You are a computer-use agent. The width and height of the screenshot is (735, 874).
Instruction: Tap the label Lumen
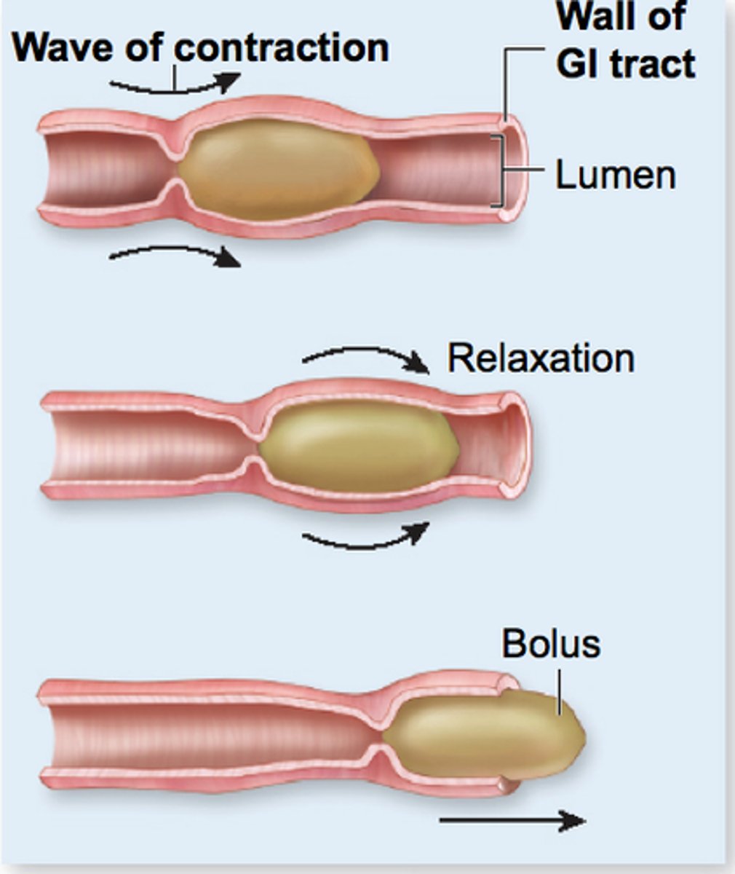[x=616, y=175]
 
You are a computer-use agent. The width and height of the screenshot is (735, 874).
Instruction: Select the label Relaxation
[x=541, y=358]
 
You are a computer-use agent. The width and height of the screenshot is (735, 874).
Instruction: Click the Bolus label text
[x=551, y=645]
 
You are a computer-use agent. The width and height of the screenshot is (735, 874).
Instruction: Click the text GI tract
[x=625, y=64]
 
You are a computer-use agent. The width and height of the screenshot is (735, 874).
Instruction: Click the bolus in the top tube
[x=277, y=171]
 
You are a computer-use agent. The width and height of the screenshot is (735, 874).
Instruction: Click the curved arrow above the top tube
[x=175, y=87]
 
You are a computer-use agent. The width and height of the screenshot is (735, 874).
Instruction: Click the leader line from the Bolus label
[x=558, y=688]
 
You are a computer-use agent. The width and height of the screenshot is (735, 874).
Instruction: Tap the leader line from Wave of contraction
[x=175, y=76]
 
